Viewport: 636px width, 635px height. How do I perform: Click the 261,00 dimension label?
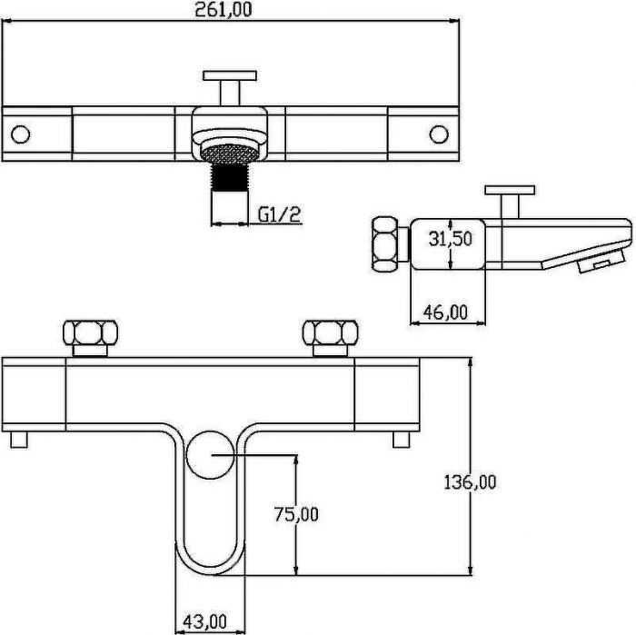(224, 9)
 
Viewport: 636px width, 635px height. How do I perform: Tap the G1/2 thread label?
(280, 214)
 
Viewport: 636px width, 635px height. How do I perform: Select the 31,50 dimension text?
(451, 239)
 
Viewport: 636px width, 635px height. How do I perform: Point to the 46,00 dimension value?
(445, 313)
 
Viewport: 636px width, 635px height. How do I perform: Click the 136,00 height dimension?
(470, 482)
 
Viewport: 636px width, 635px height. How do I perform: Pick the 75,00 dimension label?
(296, 514)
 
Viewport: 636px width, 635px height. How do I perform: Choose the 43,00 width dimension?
(204, 621)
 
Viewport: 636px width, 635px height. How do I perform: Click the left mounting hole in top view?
(20, 134)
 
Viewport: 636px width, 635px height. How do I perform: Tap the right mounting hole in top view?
(439, 134)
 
